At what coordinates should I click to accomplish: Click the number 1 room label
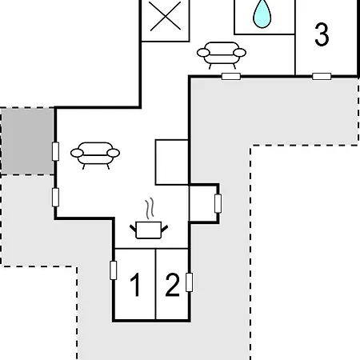(x=135, y=285)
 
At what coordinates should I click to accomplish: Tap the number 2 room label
(x=173, y=285)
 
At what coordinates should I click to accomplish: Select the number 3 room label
(x=322, y=34)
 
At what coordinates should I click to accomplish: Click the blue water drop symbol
(x=262, y=14)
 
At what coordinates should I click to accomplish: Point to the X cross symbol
(x=166, y=16)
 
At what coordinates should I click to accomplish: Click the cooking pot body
(x=149, y=230)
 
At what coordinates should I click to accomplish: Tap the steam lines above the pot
(x=150, y=208)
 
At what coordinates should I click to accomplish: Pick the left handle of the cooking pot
(x=133, y=228)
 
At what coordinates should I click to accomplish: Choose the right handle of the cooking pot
(x=165, y=229)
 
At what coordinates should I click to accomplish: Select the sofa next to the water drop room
(x=222, y=54)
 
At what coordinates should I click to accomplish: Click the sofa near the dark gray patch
(x=95, y=155)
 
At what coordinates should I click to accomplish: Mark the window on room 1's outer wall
(x=114, y=270)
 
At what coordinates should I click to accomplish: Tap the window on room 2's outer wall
(x=189, y=282)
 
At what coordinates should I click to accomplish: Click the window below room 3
(x=322, y=77)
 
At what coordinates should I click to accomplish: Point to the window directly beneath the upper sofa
(x=231, y=77)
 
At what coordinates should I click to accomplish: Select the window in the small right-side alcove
(x=218, y=203)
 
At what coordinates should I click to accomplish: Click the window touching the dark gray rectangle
(x=55, y=151)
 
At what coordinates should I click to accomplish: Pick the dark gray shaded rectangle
(x=27, y=142)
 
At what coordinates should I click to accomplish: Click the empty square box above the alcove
(x=172, y=162)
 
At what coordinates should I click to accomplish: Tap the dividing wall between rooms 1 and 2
(x=155, y=284)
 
